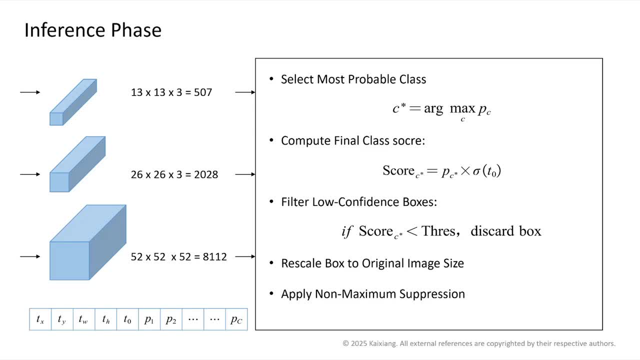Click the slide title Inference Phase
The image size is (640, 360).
pos(93,30)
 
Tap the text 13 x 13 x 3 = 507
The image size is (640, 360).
pos(171,92)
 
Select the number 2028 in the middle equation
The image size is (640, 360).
pos(206,174)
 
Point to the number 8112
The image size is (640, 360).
pos(215,257)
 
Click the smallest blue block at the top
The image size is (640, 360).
pos(73,102)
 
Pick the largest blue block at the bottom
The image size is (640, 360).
pos(88,242)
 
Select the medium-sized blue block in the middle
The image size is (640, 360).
pos(77,164)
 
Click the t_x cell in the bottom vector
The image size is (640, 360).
pos(40,319)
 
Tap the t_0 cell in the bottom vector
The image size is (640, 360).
pos(127,319)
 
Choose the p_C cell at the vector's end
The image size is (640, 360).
pos(236,319)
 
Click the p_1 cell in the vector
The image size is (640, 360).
pos(149,319)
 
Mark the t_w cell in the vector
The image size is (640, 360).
pos(84,319)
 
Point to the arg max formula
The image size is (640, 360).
pos(441,111)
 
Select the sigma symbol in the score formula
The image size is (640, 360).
pos(476,171)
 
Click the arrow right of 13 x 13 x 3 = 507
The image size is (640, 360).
pos(245,92)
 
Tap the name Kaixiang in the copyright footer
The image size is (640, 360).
pos(382,343)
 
